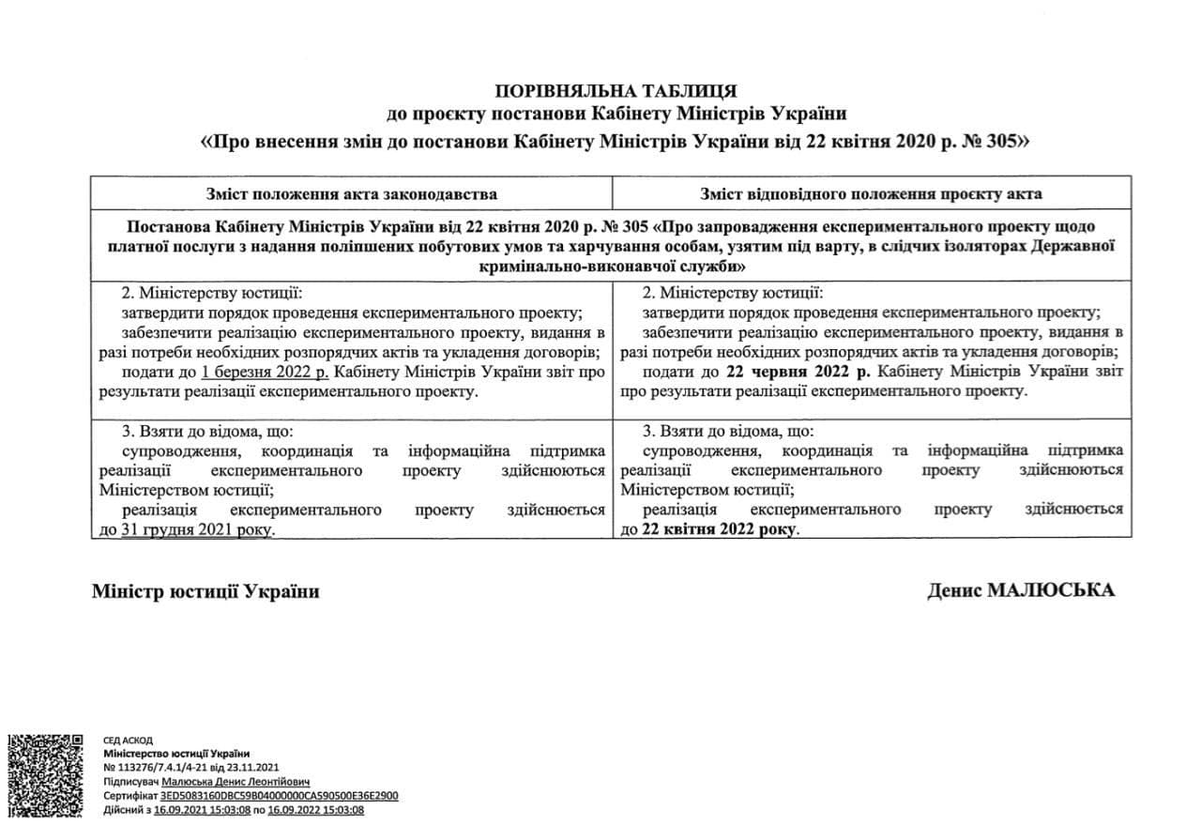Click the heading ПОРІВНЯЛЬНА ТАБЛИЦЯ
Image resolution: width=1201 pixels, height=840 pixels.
pyautogui.click(x=616, y=91)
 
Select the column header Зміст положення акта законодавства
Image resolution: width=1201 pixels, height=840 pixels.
pyautogui.click(x=351, y=194)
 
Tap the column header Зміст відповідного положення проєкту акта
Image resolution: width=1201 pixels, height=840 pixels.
pyautogui.click(x=871, y=194)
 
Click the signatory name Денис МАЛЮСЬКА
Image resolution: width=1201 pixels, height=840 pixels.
pyautogui.click(x=1021, y=590)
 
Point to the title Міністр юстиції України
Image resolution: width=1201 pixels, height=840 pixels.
pyautogui.click(x=205, y=591)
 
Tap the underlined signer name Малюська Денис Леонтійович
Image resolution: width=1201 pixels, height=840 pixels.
pyautogui.click(x=236, y=781)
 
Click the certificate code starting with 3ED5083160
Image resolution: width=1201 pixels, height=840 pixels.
pyautogui.click(x=280, y=795)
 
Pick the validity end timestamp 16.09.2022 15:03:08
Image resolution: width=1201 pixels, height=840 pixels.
pyautogui.click(x=317, y=809)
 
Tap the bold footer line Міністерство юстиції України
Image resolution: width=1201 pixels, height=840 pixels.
pyautogui.click(x=176, y=754)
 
